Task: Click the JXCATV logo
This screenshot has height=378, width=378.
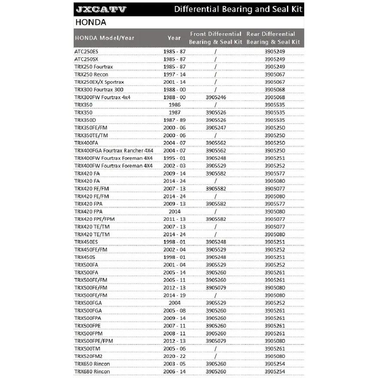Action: point(101,9)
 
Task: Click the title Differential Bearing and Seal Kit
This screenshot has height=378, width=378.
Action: point(238,9)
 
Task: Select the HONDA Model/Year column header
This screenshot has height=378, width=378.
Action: point(104,38)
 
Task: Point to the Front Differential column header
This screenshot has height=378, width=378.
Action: point(216,38)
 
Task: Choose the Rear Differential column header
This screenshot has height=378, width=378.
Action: point(273,38)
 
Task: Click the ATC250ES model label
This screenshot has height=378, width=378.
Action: point(86,52)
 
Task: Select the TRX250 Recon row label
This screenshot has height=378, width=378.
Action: point(91,74)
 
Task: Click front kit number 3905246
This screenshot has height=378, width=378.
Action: point(216,98)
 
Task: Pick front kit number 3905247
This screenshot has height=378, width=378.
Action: point(216,128)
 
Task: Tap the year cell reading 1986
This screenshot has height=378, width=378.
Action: point(174,105)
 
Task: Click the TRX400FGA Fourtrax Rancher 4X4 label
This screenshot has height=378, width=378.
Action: point(114,151)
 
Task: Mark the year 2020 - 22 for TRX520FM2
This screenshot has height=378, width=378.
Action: point(174,357)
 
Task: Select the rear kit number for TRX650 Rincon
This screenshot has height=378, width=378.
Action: point(275,364)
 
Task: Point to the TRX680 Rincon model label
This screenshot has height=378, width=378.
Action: point(92,372)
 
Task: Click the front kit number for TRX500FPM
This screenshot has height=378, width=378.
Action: point(216,333)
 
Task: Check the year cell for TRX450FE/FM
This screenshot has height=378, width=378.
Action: point(174,250)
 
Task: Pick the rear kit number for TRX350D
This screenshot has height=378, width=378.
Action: point(275,120)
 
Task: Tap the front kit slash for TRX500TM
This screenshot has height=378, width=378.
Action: point(216,349)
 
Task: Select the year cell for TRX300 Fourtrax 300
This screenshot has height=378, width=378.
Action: point(174,90)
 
